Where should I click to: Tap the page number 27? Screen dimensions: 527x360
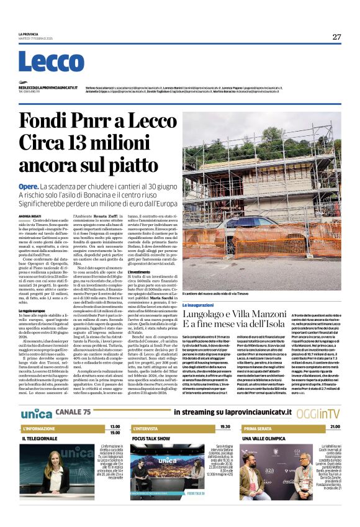click(x=336, y=36)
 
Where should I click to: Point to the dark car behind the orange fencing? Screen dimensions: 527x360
click(x=245, y=228)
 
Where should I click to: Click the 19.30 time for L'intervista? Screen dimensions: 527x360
click(x=225, y=427)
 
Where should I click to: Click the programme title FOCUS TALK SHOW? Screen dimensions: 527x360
click(x=151, y=438)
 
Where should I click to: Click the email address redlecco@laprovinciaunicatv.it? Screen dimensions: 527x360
click(x=48, y=88)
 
